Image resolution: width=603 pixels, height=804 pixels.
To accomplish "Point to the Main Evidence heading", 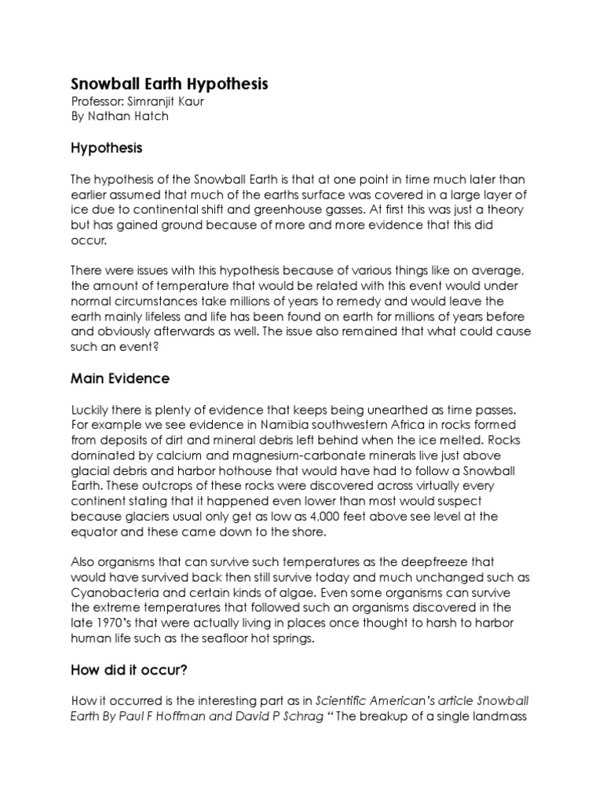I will (120, 378).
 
